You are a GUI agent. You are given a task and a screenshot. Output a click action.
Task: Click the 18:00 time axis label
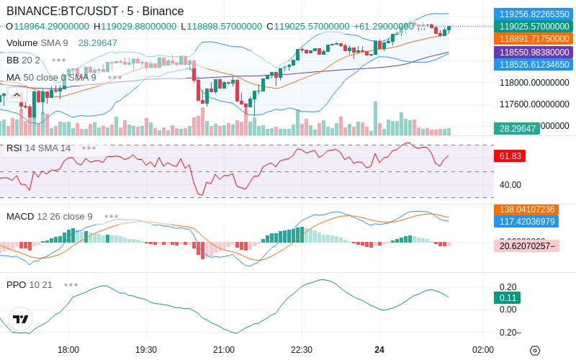(68, 349)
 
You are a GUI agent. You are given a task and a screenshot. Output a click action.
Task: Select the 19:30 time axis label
(146, 349)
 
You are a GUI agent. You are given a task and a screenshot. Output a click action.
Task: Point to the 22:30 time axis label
(301, 349)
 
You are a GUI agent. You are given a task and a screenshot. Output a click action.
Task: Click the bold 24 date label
(379, 349)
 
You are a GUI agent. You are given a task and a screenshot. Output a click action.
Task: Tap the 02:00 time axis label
(483, 349)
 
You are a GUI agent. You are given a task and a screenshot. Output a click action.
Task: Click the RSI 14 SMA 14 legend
(39, 148)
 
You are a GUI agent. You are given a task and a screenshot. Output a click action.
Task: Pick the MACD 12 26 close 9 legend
(50, 216)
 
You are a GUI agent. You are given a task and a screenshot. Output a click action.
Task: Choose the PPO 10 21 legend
(30, 284)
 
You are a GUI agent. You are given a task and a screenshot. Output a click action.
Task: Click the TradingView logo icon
(21, 319)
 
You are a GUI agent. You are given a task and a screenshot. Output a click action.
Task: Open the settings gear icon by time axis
(534, 350)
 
